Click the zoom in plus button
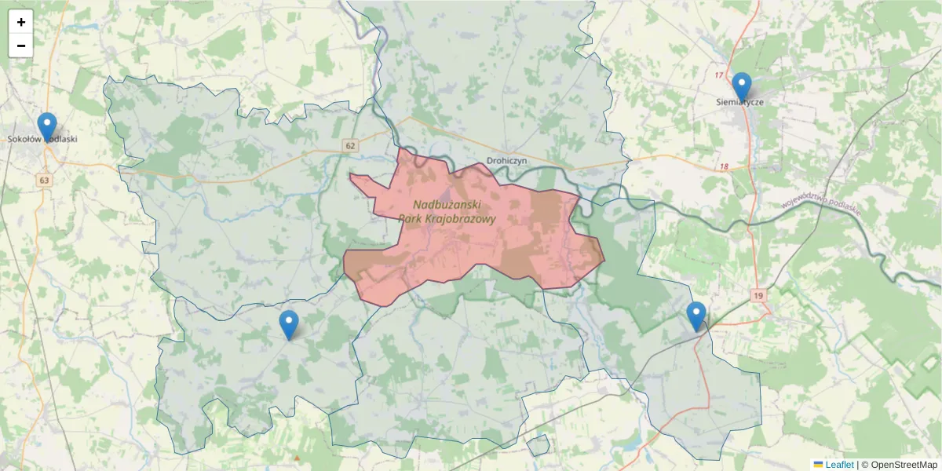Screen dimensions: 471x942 [x=21, y=22]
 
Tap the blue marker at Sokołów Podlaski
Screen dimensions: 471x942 [x=47, y=126]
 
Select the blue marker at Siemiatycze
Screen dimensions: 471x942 [x=741, y=86]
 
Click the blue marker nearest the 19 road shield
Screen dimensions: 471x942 [x=696, y=316]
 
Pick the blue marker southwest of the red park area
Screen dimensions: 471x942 [x=289, y=324]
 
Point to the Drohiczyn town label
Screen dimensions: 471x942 [x=506, y=160]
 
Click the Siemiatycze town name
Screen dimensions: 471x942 [x=739, y=101]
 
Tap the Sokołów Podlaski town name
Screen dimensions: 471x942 [x=42, y=139]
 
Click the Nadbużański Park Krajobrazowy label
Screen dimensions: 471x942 [x=447, y=212]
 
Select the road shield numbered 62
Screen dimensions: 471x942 [x=350, y=145]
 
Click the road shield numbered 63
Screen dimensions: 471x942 [x=45, y=181]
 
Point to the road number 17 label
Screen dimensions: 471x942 [x=719, y=75]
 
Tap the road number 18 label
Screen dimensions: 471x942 [x=723, y=167]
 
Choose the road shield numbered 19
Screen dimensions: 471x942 [x=757, y=295]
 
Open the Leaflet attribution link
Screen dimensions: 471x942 [x=839, y=465]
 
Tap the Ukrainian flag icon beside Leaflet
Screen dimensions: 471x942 [x=818, y=465]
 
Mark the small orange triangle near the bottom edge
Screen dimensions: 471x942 [x=297, y=458]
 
